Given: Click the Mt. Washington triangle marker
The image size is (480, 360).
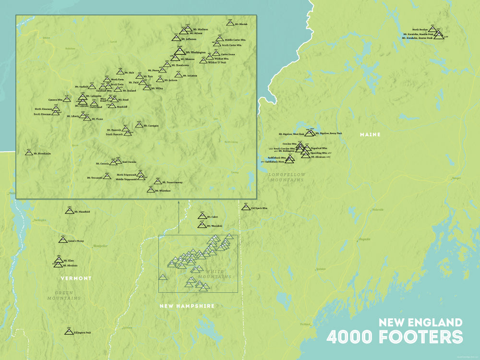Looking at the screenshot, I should (x=179, y=51).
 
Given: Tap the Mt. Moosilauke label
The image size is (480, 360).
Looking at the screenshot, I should (x=41, y=154).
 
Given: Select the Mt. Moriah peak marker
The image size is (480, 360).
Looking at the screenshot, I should (x=230, y=23).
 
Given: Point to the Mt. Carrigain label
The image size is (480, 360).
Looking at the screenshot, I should (x=151, y=126).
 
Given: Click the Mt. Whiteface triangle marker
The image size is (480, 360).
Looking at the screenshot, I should (x=151, y=190).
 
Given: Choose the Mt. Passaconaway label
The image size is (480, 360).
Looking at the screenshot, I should (x=172, y=182).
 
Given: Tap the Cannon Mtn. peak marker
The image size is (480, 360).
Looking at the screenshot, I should (x=67, y=99).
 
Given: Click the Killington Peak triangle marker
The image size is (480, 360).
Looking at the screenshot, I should (x=69, y=332).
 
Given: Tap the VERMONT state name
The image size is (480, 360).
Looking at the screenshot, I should (x=76, y=278).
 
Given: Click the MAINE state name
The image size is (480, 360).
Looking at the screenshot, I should (x=370, y=134).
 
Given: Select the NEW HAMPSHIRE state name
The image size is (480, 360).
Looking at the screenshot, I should (x=187, y=306).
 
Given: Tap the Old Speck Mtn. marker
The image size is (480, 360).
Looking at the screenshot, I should (x=246, y=208).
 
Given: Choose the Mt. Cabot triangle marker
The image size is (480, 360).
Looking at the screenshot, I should (x=202, y=216).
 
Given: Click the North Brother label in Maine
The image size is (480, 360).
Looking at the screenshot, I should (x=420, y=30).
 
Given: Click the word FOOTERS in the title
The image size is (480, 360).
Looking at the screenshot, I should (x=421, y=337).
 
